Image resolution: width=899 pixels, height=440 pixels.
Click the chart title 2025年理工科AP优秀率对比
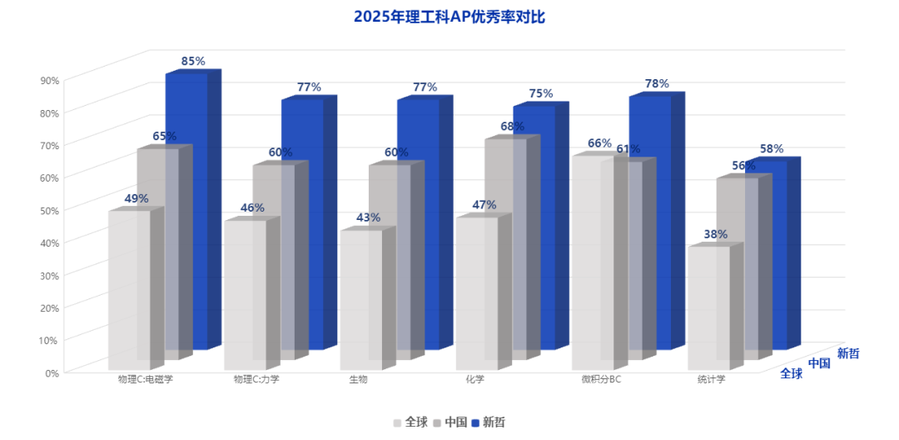[449, 17]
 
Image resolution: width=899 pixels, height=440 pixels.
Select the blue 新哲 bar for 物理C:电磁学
[187, 208]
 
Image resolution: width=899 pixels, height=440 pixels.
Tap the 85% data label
[193, 61]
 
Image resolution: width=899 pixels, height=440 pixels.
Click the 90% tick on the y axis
[49, 80]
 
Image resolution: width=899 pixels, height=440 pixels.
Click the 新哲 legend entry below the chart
[488, 422]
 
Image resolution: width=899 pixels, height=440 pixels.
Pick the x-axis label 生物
[359, 380]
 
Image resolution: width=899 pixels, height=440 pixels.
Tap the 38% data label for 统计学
[716, 234]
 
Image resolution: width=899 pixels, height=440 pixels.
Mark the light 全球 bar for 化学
[477, 292]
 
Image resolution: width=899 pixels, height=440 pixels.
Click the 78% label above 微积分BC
[657, 83]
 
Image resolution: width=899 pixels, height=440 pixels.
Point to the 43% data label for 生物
[368, 217]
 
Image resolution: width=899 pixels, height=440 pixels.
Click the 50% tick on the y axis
[49, 210]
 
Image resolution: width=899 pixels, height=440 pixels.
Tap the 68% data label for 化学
[512, 127]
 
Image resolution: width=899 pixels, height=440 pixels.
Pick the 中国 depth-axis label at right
[819, 362]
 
